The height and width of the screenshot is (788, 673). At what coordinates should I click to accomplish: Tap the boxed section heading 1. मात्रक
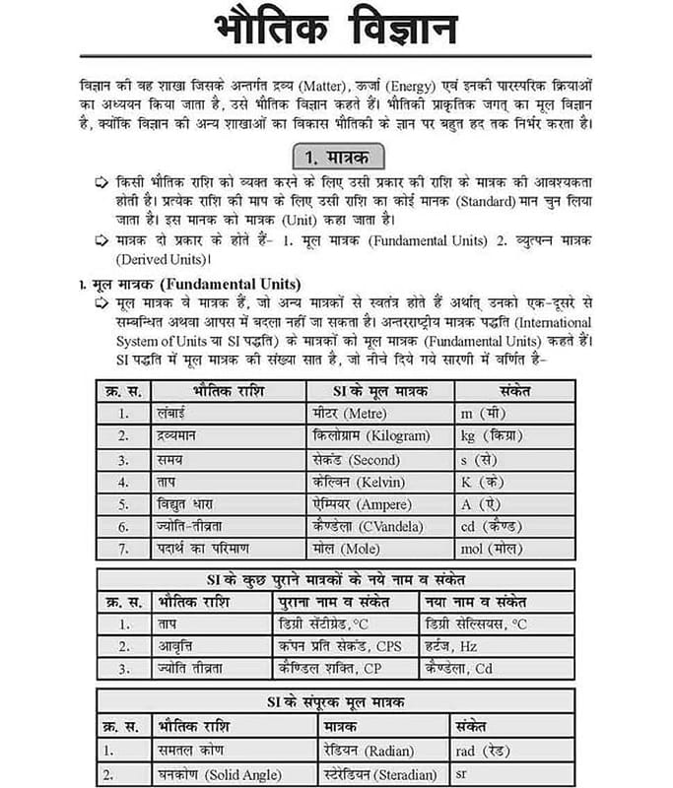click(x=337, y=158)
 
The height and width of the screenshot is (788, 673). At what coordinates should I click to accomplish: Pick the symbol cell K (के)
click(x=483, y=482)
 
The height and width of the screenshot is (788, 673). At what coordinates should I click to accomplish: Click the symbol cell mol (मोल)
click(x=492, y=549)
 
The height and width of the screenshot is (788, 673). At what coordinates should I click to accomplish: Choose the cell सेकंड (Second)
click(x=355, y=459)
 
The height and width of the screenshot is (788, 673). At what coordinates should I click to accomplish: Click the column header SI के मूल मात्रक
click(x=379, y=391)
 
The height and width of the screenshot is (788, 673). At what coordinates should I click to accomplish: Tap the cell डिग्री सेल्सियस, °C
click(x=474, y=624)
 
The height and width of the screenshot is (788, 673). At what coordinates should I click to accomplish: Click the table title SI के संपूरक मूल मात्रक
click(x=335, y=702)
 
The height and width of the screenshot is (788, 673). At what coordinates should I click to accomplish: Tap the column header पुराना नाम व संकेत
click(x=334, y=601)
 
